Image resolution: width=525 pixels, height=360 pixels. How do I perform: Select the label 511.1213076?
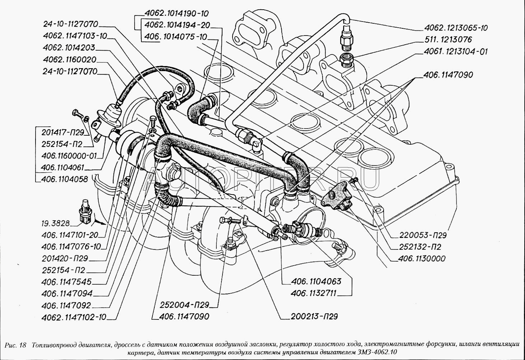(x=448, y=39)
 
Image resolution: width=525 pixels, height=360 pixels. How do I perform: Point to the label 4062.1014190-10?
(x=177, y=14)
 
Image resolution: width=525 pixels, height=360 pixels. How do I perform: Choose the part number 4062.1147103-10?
(x=74, y=36)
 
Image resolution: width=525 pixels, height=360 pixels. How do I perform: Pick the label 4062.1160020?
(x=69, y=60)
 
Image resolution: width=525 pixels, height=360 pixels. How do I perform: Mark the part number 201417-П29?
(x=62, y=132)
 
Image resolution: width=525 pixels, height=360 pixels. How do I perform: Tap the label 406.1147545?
(x=66, y=282)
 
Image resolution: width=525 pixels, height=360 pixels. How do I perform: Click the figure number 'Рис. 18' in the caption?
(x=16, y=345)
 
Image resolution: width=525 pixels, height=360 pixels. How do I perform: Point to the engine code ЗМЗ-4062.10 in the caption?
(x=379, y=352)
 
